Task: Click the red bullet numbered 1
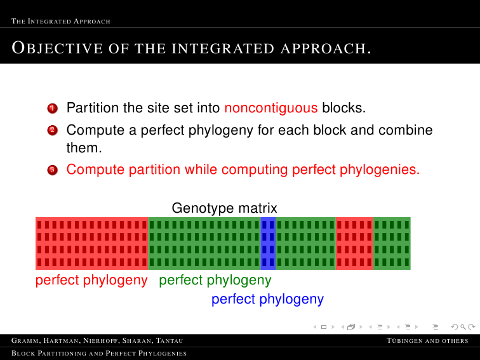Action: pyautogui.click(x=52, y=108)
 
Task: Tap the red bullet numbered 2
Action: pyautogui.click(x=52, y=130)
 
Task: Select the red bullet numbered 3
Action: pyautogui.click(x=52, y=170)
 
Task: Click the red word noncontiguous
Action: pyautogui.click(x=271, y=108)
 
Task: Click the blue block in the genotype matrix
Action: pyautogui.click(x=268, y=243)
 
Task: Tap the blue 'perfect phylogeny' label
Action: pyautogui.click(x=267, y=299)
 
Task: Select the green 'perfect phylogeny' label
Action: pyautogui.click(x=215, y=280)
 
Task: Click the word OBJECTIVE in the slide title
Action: pyautogui.click(x=57, y=48)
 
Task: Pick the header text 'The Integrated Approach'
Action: pyautogui.click(x=60, y=21)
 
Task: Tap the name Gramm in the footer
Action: pyautogui.click(x=25, y=341)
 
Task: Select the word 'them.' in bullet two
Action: pyautogui.click(x=84, y=148)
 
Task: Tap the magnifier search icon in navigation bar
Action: pyautogui.click(x=463, y=327)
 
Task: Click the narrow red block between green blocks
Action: pyautogui.click(x=354, y=243)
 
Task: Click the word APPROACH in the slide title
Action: pyautogui.click(x=326, y=49)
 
